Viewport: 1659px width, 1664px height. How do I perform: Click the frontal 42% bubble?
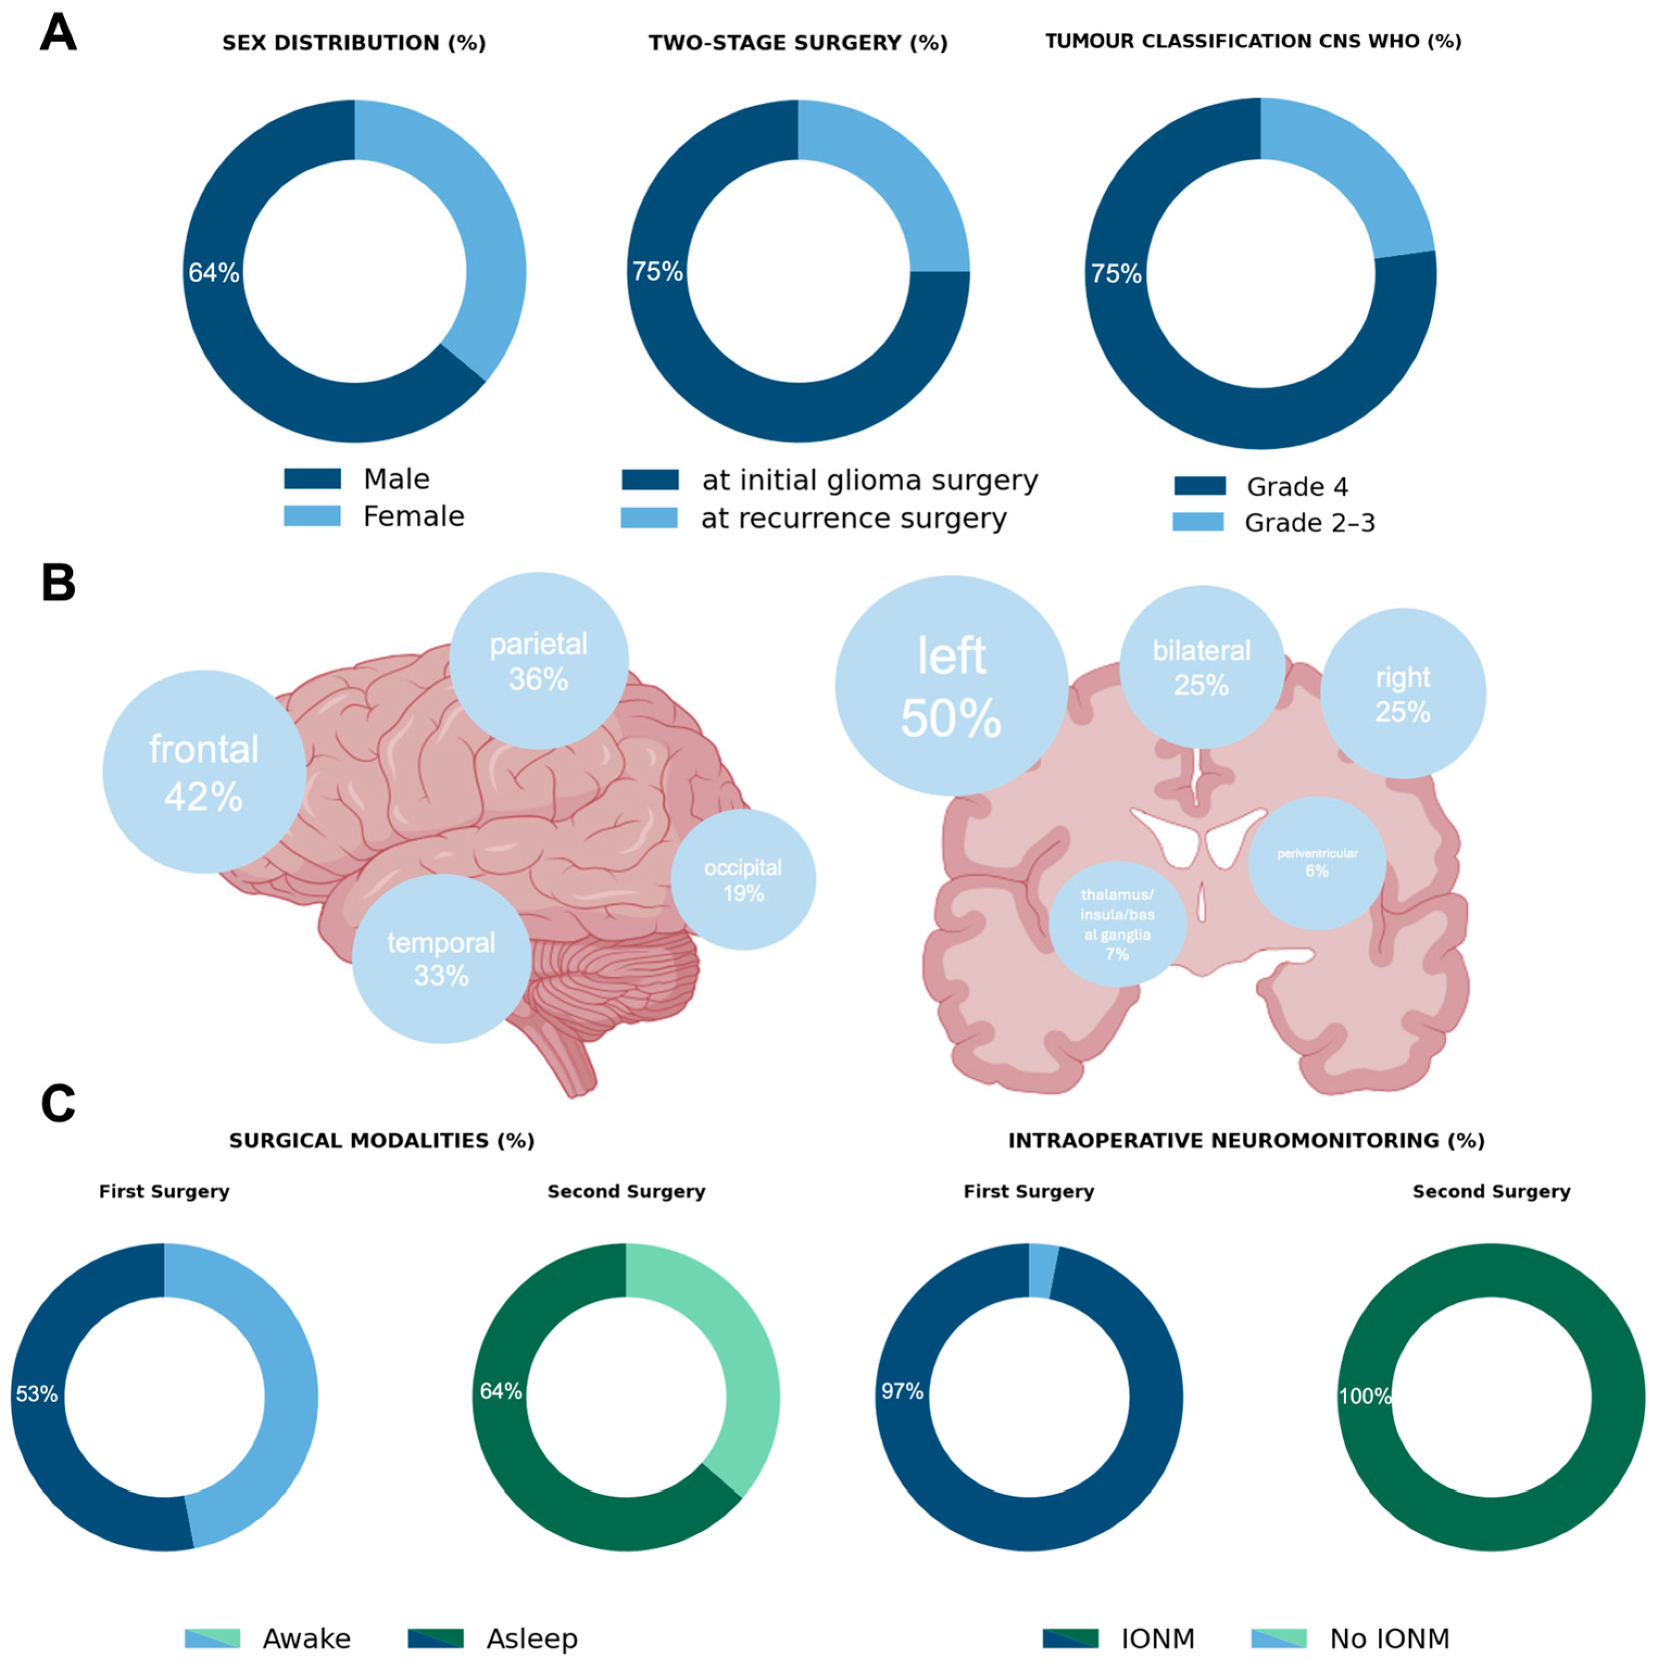204,772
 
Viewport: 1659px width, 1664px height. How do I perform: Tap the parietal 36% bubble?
539,661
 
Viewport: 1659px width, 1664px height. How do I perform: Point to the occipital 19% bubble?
743,880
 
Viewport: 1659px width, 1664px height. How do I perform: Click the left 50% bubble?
951,686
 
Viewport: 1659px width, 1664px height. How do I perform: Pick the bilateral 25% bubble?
1202,668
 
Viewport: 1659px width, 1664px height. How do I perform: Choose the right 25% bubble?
1403,693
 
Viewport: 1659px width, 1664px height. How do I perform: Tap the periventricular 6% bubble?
1317,862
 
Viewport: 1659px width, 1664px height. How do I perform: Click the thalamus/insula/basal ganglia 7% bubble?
1118,924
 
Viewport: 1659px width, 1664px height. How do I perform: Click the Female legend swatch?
312,516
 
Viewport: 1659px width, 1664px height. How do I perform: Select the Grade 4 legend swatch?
1199,486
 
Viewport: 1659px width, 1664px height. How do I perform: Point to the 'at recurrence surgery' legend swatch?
649,518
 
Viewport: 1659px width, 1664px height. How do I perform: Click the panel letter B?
59,583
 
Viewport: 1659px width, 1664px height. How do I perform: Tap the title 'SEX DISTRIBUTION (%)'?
354,43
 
